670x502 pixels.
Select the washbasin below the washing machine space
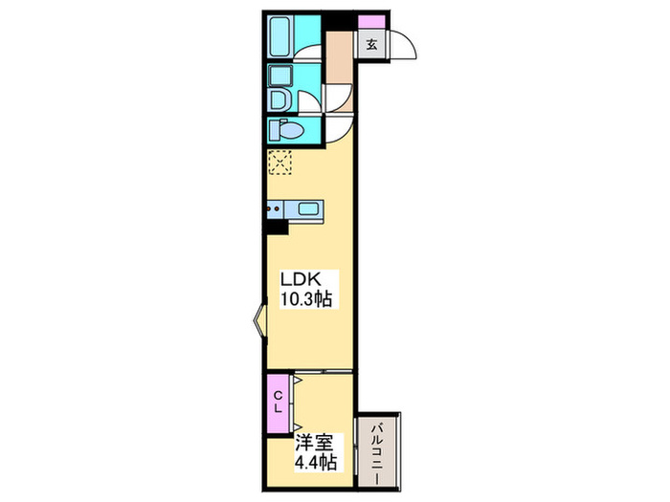coord(280,99)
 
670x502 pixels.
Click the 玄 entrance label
coord(372,44)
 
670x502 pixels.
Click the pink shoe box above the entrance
coord(371,22)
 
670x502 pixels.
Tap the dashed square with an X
coord(279,163)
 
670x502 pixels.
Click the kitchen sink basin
coord(307,209)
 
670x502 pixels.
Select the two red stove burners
coord(273,208)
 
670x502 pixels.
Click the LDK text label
coord(301,279)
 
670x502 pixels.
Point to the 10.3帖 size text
coord(306,298)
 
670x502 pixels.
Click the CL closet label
coord(278,402)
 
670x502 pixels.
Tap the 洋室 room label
coord(314,443)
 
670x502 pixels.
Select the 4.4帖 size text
coord(316,463)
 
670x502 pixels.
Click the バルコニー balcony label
coord(377,453)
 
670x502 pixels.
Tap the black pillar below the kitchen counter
coord(276,228)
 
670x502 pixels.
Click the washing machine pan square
coord(280,76)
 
